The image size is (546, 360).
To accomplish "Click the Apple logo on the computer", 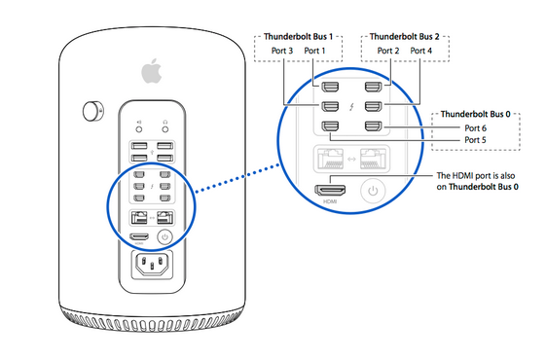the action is pos(152,71).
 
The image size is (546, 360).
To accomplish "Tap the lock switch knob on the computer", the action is pos(92,112).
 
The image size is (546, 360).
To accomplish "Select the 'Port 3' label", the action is pos(282,51).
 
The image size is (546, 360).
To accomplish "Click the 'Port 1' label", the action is pos(314,51).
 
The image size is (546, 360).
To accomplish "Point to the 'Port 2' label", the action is pos(388,51).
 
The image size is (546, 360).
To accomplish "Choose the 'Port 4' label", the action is pos(421,51).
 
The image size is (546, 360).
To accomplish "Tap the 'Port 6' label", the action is pos(476,128).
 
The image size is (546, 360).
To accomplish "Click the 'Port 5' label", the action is pos(475,140).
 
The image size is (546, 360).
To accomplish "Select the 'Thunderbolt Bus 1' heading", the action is pos(298,37).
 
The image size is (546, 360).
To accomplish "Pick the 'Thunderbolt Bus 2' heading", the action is pos(405,37).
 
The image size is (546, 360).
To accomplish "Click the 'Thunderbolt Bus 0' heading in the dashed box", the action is pos(476,114).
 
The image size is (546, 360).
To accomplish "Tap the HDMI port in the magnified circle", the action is pos(330,190).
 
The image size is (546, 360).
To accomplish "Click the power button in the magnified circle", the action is pos(373,191).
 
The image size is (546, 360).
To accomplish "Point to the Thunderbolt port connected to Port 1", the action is pos(330,87).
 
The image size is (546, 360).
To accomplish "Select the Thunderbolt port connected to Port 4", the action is pos(374,106).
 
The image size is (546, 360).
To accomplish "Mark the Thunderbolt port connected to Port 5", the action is pos(330,126).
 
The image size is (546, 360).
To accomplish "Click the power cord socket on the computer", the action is pos(152,264).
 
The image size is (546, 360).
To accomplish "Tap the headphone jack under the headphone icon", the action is pos(165,129).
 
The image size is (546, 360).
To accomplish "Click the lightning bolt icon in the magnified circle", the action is pos(351,106).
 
